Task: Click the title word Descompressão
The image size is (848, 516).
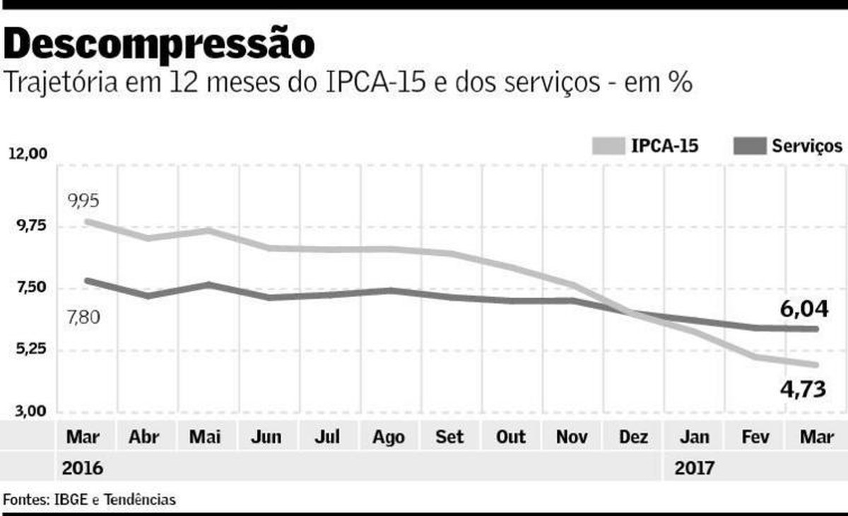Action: tap(159, 44)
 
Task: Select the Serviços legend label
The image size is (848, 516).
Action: tap(807, 146)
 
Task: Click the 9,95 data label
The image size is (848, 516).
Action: tap(83, 201)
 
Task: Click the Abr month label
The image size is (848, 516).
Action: tap(143, 437)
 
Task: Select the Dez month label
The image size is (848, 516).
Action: tap(632, 437)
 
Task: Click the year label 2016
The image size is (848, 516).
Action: tap(82, 468)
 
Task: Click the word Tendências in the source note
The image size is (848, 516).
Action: tap(140, 499)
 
